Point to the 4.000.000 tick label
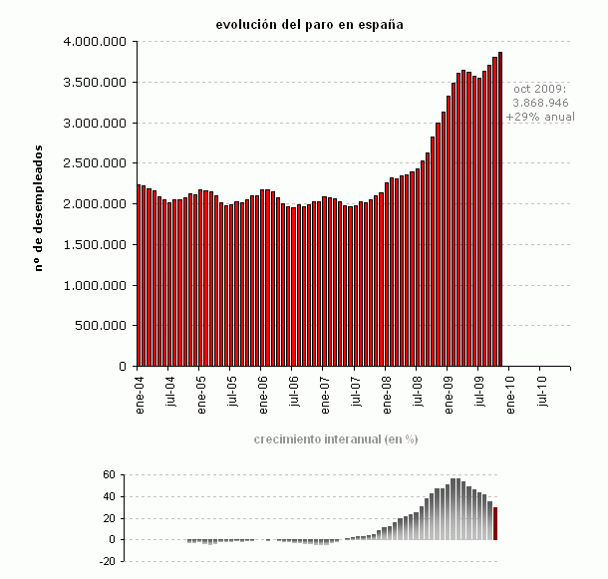94,42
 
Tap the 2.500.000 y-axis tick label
94,163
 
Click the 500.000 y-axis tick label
101,326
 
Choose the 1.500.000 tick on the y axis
94,245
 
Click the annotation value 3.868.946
540,103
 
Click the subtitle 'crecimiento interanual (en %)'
335,439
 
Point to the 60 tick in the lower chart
110,475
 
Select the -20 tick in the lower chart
107,561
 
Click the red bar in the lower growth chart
495,524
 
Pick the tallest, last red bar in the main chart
500,209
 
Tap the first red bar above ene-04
139,275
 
